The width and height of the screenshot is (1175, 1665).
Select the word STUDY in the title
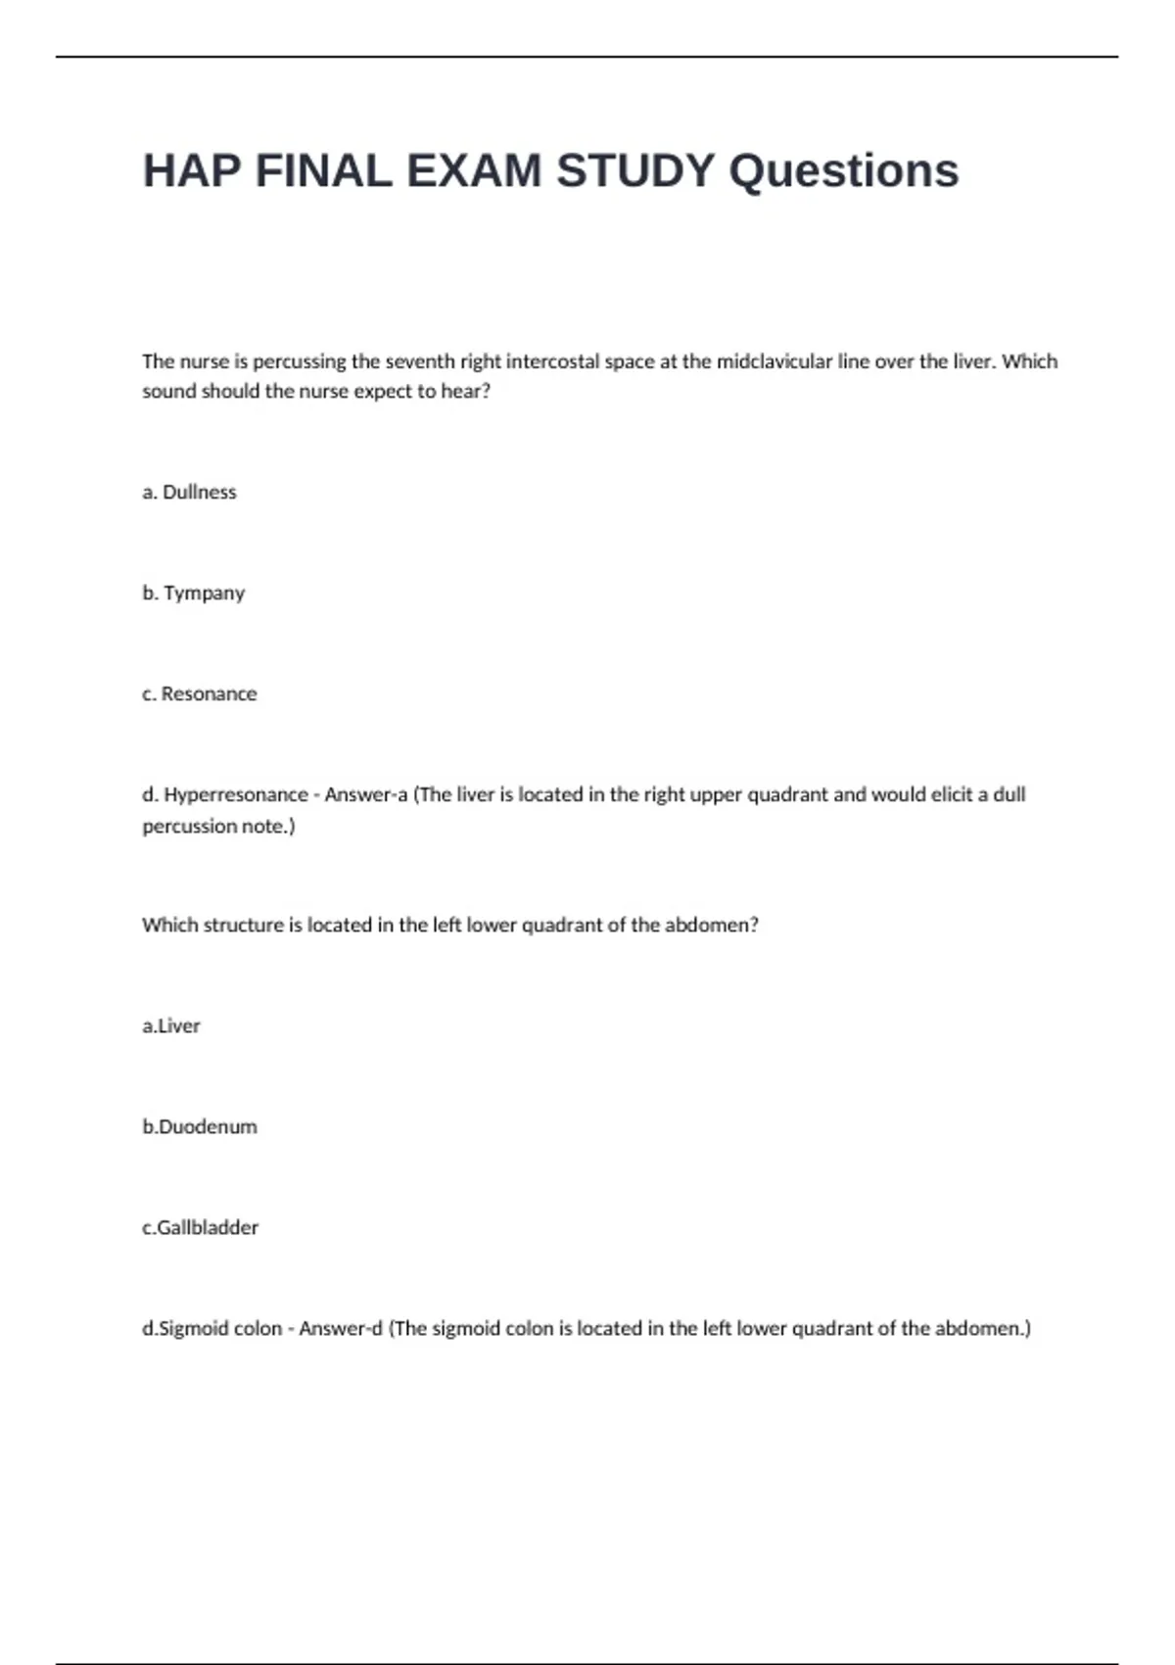point(635,171)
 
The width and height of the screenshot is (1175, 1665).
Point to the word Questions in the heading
point(843,171)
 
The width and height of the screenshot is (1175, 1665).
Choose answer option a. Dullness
point(190,493)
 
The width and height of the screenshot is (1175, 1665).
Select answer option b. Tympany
point(194,594)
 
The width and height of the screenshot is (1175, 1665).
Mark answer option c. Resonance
point(200,694)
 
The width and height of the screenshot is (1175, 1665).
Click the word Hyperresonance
point(235,795)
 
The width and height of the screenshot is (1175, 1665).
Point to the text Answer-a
point(365,795)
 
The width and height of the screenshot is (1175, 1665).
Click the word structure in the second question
point(244,926)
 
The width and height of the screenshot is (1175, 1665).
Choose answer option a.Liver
point(171,1026)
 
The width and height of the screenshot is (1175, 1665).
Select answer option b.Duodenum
point(200,1127)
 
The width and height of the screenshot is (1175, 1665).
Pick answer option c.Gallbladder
point(201,1228)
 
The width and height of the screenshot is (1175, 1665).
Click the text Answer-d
point(340,1329)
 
